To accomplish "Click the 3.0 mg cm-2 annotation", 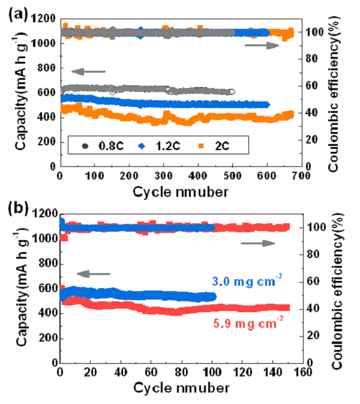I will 247,280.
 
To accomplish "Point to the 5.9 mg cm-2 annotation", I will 247,321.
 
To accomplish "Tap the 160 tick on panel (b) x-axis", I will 302,373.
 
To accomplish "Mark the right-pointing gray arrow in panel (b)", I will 257,243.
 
